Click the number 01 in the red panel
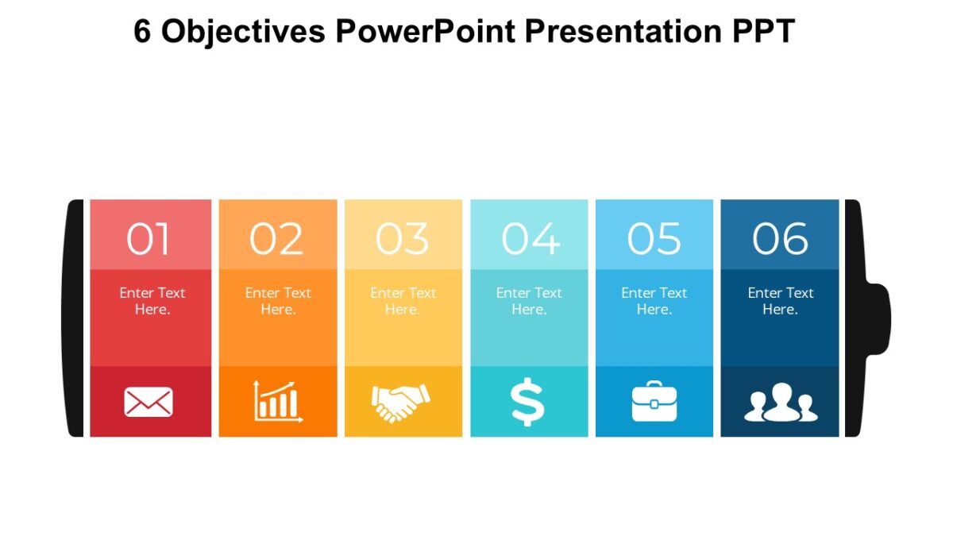pos(149,239)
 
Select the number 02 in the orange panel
pos(276,239)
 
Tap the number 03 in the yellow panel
pos(403,239)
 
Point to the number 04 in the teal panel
pos(530,239)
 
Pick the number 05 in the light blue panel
pos(654,239)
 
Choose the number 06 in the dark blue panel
pos(780,239)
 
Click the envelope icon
pos(149,402)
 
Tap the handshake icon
pos(401,402)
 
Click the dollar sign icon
pos(528,402)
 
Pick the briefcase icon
pos(654,402)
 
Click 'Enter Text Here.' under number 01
pos(152,301)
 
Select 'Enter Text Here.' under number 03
pos(403,301)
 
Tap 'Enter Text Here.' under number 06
pos(780,301)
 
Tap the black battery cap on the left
pos(74,318)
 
